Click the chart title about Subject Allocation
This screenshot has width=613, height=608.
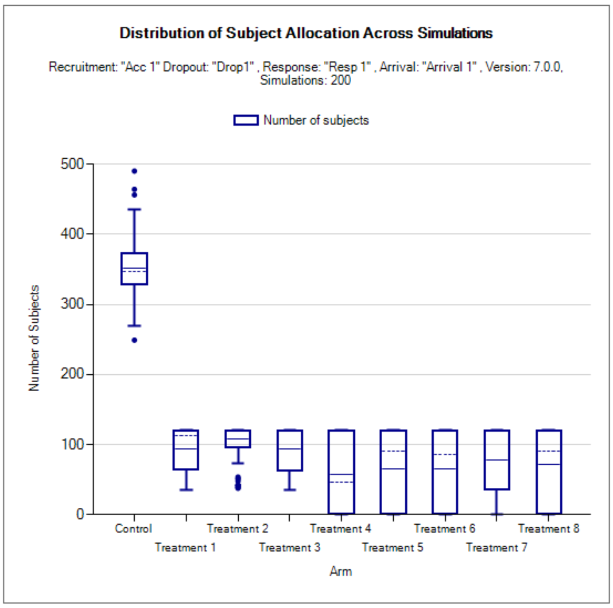[x=306, y=33]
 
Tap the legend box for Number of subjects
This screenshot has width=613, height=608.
[x=246, y=120]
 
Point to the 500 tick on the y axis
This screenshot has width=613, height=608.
[x=72, y=164]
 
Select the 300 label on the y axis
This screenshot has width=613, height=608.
[x=72, y=304]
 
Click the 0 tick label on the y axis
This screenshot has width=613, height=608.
[x=80, y=514]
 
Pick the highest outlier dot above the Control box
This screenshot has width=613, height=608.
[x=134, y=171]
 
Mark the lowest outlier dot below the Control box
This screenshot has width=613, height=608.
[x=134, y=340]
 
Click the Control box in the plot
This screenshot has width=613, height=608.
[x=134, y=269]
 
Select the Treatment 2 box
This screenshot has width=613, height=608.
[x=238, y=439]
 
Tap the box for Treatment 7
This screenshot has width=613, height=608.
[x=497, y=460]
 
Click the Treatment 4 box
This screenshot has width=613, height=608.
[x=341, y=472]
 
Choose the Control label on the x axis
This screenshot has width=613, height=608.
[x=133, y=529]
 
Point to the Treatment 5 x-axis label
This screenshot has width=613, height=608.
[x=392, y=548]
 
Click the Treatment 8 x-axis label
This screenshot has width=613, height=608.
[x=548, y=529]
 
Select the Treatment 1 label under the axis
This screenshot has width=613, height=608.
[x=185, y=548]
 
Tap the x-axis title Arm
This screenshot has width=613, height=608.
[x=341, y=571]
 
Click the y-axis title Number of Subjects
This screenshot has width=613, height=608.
[x=34, y=338]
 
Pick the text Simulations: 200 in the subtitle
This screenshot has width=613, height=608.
[x=305, y=80]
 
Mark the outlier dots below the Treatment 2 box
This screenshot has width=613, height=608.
[x=238, y=482]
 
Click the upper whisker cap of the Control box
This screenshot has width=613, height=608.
[x=134, y=209]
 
